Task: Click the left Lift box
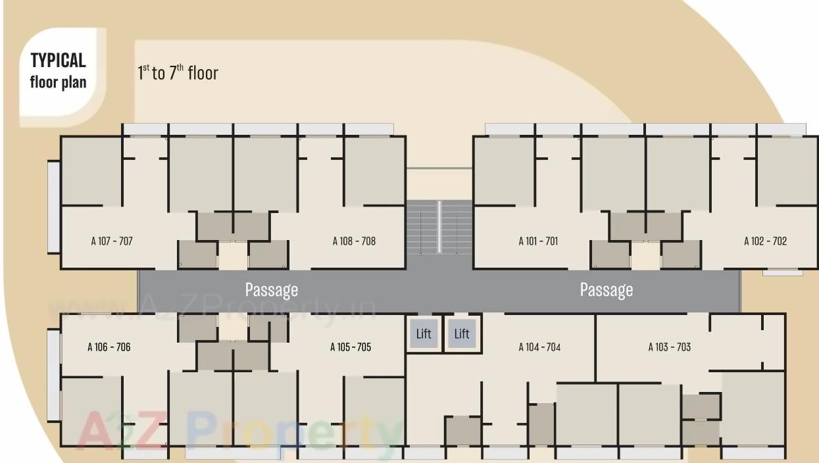(424, 333)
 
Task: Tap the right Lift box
(462, 333)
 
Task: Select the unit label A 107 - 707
(112, 241)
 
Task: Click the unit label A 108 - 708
(354, 241)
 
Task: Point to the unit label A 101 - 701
(538, 241)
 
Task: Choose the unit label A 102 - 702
(765, 241)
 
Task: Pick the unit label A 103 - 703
(670, 347)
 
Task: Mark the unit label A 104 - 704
(539, 347)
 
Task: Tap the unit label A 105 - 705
(351, 347)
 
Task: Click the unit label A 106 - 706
(109, 347)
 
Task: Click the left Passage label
(272, 289)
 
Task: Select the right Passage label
(607, 289)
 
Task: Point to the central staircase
(439, 228)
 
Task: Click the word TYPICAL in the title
(58, 61)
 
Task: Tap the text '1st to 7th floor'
(178, 72)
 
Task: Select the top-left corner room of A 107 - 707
(91, 171)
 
